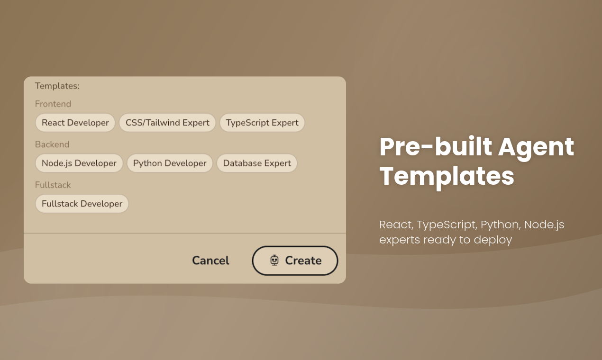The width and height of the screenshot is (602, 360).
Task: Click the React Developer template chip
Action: tap(75, 123)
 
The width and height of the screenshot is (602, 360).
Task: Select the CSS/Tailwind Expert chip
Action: tap(167, 123)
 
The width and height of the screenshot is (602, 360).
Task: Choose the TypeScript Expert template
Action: tap(262, 123)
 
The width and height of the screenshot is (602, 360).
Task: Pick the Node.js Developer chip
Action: tap(79, 163)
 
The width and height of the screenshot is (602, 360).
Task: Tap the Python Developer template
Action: tap(170, 163)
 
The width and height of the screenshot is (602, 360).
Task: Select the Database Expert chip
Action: tap(257, 163)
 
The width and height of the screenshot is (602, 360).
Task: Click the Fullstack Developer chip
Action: tap(82, 204)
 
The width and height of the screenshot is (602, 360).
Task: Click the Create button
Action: tap(295, 261)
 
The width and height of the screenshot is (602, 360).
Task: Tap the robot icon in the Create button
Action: tap(274, 260)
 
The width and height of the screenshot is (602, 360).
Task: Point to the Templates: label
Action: tap(57, 86)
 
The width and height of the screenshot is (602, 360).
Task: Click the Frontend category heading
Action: tap(53, 104)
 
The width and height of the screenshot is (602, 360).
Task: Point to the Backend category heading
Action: tap(52, 144)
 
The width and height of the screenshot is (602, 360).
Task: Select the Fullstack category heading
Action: tap(53, 185)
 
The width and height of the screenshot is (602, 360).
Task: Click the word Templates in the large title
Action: tap(447, 176)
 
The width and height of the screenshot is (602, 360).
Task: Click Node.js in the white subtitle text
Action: tap(544, 225)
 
